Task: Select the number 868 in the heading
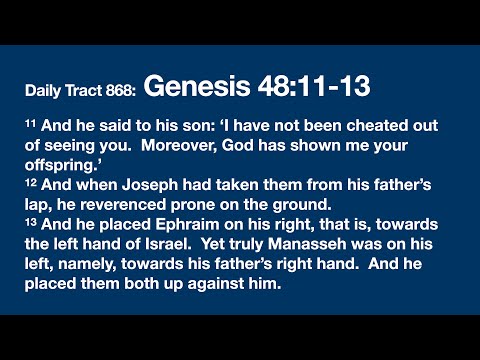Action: [118, 91]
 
